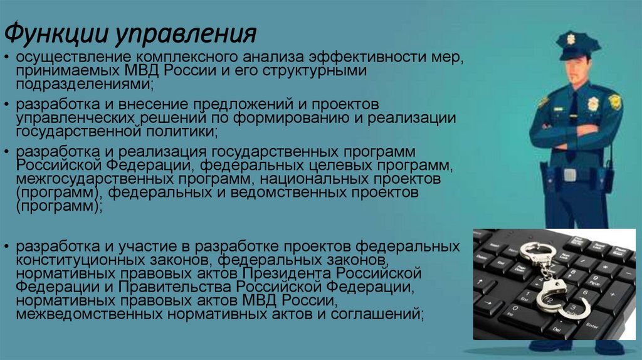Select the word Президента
[285, 273]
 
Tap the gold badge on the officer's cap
[570, 38]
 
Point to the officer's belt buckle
[569, 174]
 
